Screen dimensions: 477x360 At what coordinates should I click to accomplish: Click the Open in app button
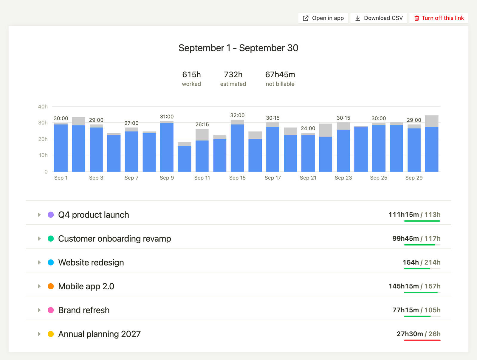pyautogui.click(x=323, y=18)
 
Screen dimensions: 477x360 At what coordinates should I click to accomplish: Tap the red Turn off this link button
pyautogui.click(x=439, y=18)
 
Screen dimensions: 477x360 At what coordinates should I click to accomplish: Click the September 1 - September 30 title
pyautogui.click(x=238, y=48)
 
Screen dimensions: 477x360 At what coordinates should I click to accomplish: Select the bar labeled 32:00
pyautogui.click(x=237, y=146)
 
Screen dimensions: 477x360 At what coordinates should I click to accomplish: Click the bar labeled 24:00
pyautogui.click(x=308, y=152)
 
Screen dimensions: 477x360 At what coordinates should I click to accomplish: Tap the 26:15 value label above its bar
pyautogui.click(x=202, y=124)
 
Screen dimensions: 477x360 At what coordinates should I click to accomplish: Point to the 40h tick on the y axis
pyautogui.click(x=43, y=106)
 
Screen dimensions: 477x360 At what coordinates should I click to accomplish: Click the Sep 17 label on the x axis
pyautogui.click(x=273, y=178)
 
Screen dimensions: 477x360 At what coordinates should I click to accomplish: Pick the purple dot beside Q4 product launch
pyautogui.click(x=51, y=215)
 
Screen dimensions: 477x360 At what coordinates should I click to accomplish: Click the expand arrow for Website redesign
pyautogui.click(x=39, y=262)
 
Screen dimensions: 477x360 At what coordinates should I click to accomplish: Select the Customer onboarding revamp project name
pyautogui.click(x=114, y=239)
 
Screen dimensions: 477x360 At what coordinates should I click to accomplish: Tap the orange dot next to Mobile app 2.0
pyautogui.click(x=51, y=286)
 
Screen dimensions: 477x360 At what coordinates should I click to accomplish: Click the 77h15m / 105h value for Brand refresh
pyautogui.click(x=416, y=310)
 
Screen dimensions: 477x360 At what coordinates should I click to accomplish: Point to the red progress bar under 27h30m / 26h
pyautogui.click(x=422, y=340)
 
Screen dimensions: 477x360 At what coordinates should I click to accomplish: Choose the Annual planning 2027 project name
pyautogui.click(x=100, y=334)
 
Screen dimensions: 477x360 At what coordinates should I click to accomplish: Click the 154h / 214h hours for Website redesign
pyautogui.click(x=422, y=262)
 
